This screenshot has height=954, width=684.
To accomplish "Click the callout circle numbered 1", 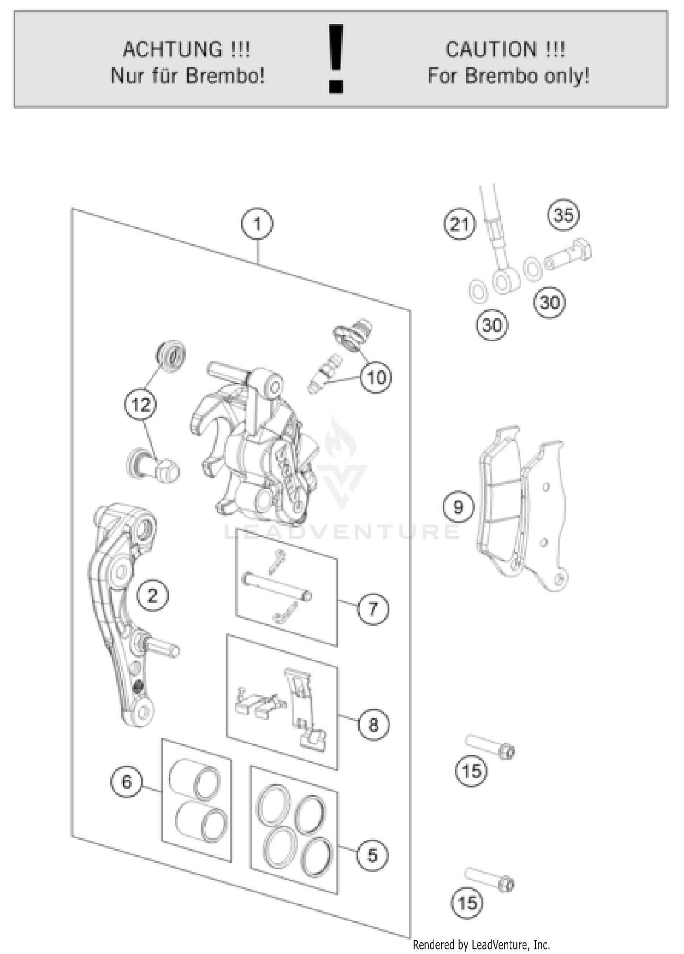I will tap(257, 224).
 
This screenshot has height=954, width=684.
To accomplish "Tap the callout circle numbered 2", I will tap(152, 595).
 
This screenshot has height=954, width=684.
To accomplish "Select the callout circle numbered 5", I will tap(373, 855).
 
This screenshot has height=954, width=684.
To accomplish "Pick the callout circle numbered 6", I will tap(127, 782).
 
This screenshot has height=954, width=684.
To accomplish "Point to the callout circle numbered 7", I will tap(373, 609).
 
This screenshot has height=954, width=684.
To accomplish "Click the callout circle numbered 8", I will tap(373, 724).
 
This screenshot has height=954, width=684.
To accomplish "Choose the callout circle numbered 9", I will tap(458, 507).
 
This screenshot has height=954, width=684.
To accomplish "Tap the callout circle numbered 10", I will tap(376, 378).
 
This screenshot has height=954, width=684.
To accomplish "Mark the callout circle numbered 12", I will tap(140, 404).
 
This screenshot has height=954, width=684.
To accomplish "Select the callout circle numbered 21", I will tap(459, 224).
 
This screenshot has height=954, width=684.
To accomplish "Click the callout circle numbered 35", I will tap(564, 215).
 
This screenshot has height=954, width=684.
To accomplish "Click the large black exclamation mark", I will tap(336, 59).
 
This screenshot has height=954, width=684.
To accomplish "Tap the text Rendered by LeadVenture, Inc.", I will tap(481, 944).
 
